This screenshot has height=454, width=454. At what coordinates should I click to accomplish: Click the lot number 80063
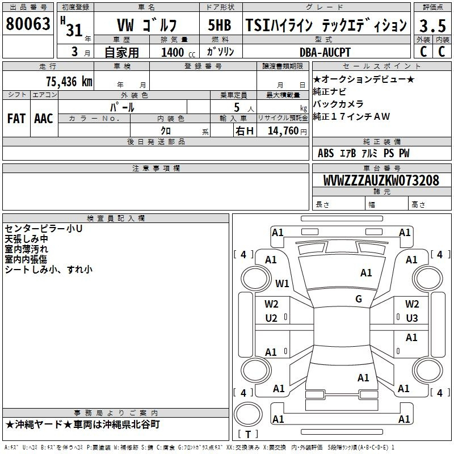28,24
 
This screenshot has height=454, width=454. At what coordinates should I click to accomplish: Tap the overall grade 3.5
432,26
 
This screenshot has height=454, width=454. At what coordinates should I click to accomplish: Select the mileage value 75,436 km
69,81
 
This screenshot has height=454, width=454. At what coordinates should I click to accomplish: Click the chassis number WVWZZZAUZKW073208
381,180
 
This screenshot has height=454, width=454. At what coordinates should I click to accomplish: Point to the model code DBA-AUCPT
325,52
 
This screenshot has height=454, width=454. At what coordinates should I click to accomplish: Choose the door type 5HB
220,25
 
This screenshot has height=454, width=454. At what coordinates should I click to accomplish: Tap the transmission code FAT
16,119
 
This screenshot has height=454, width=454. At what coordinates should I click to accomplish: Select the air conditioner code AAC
44,119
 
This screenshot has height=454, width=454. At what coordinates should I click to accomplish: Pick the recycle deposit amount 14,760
283,131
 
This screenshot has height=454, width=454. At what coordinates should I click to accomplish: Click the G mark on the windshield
359,299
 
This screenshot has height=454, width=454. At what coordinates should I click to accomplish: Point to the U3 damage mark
412,318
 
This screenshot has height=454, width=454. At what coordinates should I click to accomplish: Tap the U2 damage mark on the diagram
271,318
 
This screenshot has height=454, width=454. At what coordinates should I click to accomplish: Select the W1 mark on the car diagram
282,283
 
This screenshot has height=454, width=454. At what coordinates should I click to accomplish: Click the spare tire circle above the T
248,414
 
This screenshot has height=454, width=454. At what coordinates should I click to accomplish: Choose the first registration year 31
74,30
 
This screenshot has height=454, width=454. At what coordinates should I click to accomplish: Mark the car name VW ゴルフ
146,25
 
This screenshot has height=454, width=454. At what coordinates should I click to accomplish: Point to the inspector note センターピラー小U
44,229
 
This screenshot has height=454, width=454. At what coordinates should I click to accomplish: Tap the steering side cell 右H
245,131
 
